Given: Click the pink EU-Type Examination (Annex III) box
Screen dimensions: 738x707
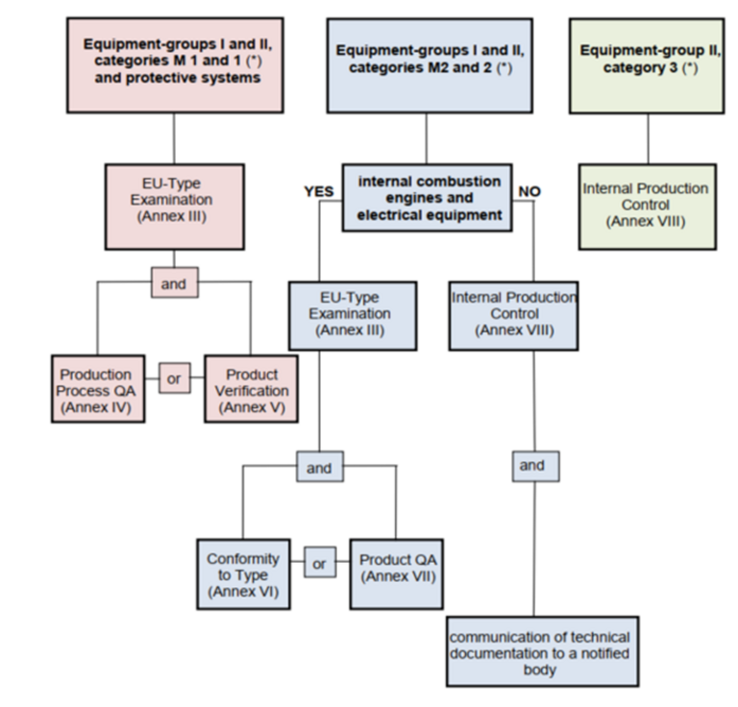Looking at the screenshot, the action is pos(175,207).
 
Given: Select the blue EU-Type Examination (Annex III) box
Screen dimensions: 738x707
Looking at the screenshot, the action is pos(353,316).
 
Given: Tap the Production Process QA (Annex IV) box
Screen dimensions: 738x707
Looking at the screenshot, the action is pos(98,388).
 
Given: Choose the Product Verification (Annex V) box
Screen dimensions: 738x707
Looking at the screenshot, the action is pos(252,388).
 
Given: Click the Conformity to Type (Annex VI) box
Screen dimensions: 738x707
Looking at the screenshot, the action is pos(243,573).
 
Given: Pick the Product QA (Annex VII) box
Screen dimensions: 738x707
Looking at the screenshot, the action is pos(396,573).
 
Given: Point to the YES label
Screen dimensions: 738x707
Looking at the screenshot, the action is pos(319,191).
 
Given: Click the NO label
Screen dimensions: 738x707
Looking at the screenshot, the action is pos(529,191).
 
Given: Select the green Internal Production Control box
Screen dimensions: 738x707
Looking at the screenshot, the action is pos(648,207).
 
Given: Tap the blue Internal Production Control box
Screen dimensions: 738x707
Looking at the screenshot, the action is pos(513,316).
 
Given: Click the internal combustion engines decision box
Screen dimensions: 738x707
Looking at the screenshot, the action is pos(427,198).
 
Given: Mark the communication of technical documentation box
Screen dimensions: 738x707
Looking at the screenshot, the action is pos(542,651).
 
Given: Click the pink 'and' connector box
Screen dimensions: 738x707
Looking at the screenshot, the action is pos(175,282).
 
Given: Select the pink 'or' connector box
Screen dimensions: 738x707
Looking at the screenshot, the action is pos(175,378).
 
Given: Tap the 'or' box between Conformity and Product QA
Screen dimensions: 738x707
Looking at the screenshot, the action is pos(320,562).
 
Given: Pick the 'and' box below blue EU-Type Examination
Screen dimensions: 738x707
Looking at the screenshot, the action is pos(320,466).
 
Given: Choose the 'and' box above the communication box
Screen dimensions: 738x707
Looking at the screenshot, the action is pos(535,466).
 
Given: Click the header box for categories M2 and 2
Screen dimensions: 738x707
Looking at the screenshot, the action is pos(430,65).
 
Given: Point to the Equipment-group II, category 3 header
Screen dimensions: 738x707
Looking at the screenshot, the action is pos(647,66).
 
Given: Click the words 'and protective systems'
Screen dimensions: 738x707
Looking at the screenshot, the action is pos(178,78).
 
